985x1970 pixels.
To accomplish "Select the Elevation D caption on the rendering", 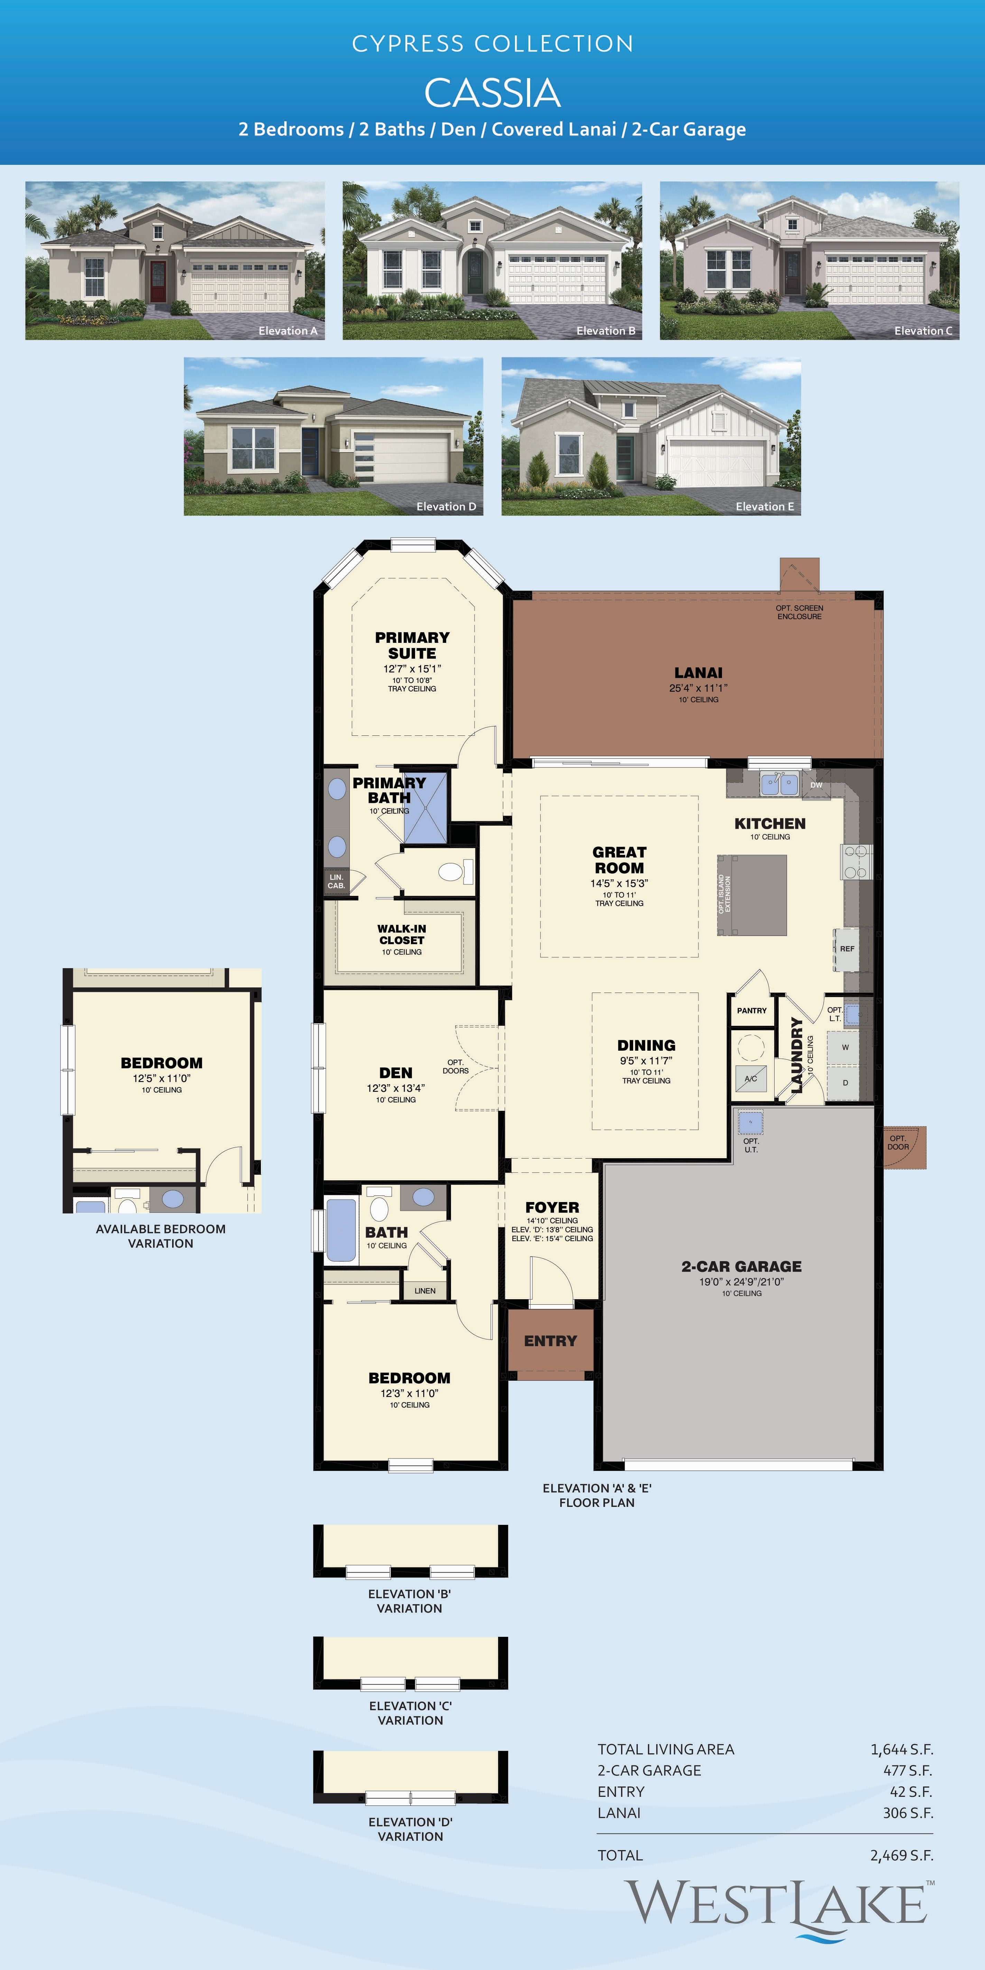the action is coord(446,506).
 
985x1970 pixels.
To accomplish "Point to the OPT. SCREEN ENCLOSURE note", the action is coord(799,612).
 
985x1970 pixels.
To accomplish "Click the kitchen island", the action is coord(752,895).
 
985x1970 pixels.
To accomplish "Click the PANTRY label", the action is coord(752,1010).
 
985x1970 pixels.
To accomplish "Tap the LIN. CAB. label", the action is coord(337,881).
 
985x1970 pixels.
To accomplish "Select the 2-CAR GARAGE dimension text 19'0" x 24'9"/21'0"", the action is coord(741,1282).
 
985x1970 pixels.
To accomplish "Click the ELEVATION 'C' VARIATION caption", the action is coord(411,1713).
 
